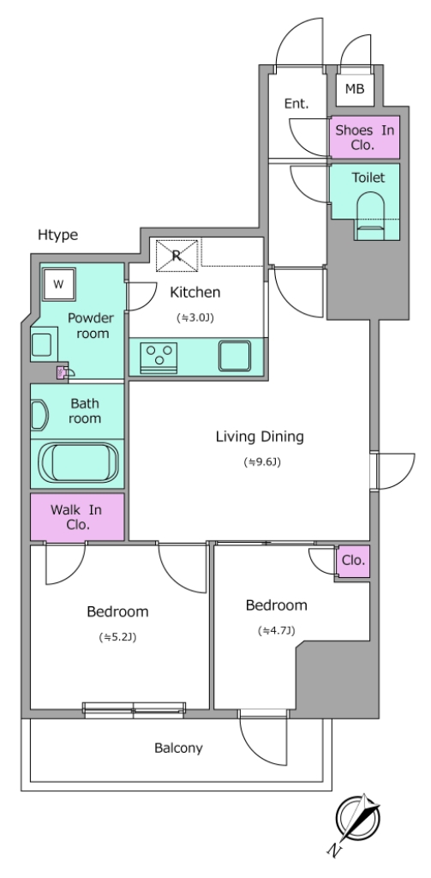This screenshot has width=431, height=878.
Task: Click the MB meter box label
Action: tap(355, 88)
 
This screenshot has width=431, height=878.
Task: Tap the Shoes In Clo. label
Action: tap(365, 138)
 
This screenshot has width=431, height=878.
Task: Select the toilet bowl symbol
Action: tap(370, 216)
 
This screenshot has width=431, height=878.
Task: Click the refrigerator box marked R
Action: tap(177, 255)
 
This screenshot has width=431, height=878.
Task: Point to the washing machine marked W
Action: tap(59, 283)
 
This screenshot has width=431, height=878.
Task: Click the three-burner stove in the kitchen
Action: tap(159, 356)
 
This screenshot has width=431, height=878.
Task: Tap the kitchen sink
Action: tap(235, 356)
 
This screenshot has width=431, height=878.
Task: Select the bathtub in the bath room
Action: tap(78, 462)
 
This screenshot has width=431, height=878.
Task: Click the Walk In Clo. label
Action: tap(76, 517)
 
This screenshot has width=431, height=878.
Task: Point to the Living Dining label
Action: tap(260, 436)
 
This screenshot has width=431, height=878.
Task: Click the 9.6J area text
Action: tap(261, 462)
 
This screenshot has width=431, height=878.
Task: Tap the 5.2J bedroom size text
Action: tap(117, 637)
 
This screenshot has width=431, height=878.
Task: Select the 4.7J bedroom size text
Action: tap(277, 630)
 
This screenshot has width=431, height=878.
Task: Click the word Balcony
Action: tap(178, 748)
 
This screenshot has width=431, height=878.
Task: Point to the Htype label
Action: tap(57, 235)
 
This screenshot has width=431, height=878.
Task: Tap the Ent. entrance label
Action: tap(296, 104)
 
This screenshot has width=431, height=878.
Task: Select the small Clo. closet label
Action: tap(353, 560)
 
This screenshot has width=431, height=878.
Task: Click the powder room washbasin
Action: tap(42, 345)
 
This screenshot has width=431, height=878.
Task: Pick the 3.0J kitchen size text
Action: tap(195, 317)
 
